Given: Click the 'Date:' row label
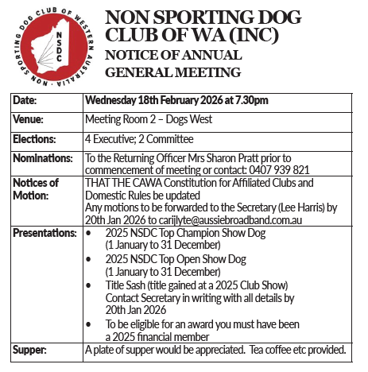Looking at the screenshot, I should coord(25,100).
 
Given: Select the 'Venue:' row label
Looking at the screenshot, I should coord(29,119).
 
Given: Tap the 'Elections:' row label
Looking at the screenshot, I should coord(33,138).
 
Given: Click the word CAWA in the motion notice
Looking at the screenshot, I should coord(141,182).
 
